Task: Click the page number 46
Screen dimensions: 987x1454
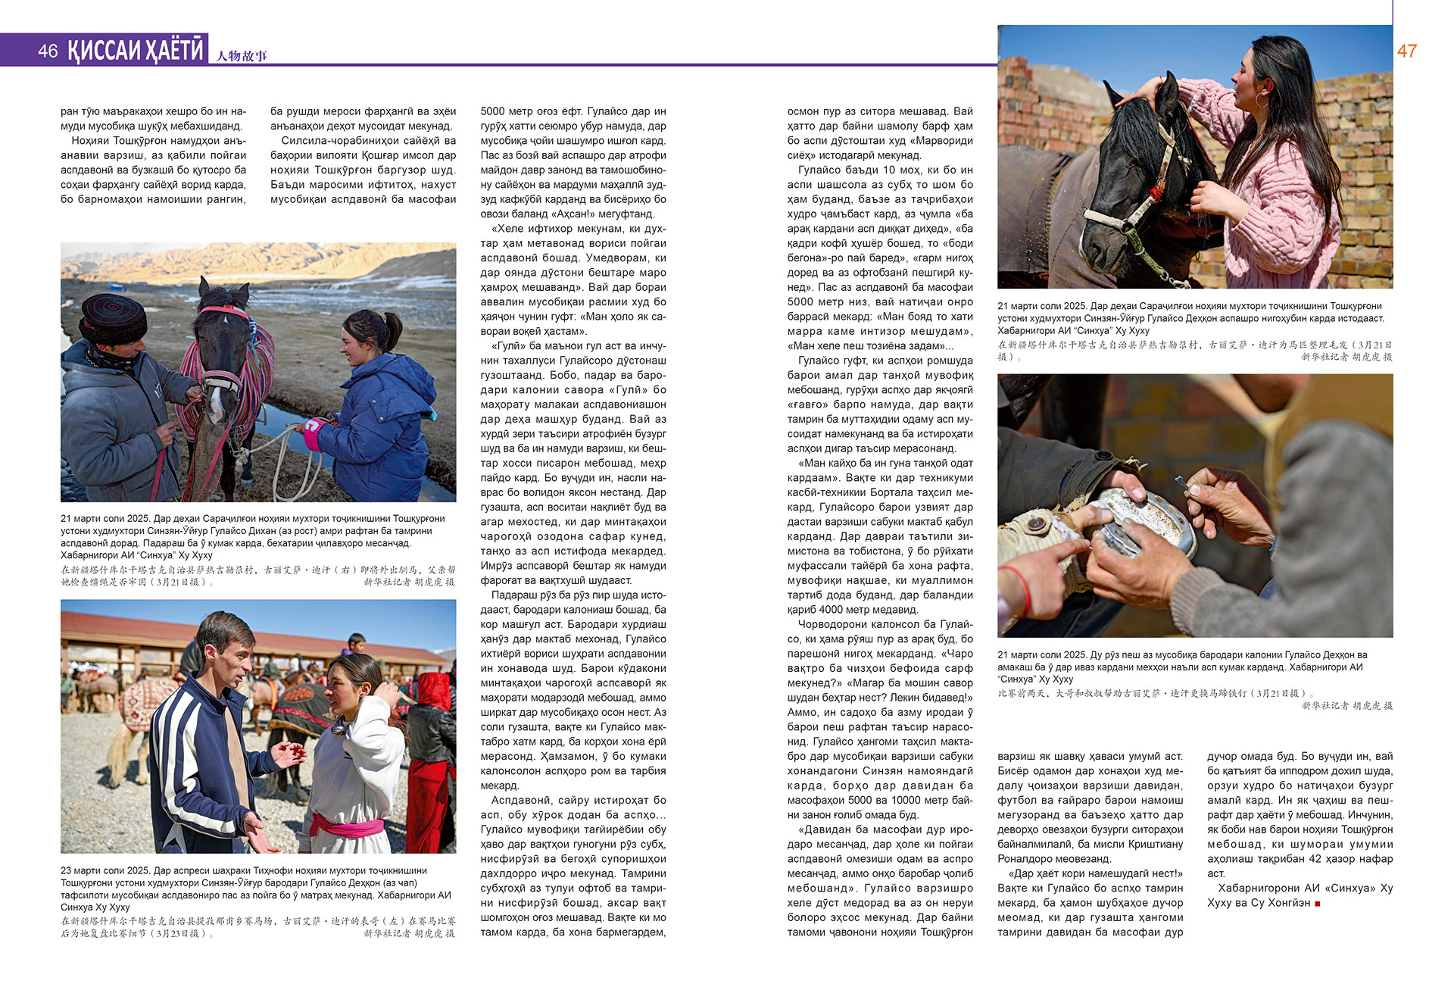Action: point(48,51)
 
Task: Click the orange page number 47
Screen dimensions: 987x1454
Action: point(1406,51)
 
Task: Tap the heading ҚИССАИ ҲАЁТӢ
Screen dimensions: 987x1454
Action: point(136,50)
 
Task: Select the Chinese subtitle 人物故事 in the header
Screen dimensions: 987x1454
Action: point(242,55)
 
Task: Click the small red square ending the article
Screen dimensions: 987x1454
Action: point(1318,903)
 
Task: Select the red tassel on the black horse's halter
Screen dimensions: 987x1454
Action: point(1154,195)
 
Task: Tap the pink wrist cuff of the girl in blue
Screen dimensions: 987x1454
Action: point(314,435)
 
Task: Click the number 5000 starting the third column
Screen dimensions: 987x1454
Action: point(495,111)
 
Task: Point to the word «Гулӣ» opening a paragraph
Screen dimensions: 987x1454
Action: point(508,346)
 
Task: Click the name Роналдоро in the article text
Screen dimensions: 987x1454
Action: point(1028,859)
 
